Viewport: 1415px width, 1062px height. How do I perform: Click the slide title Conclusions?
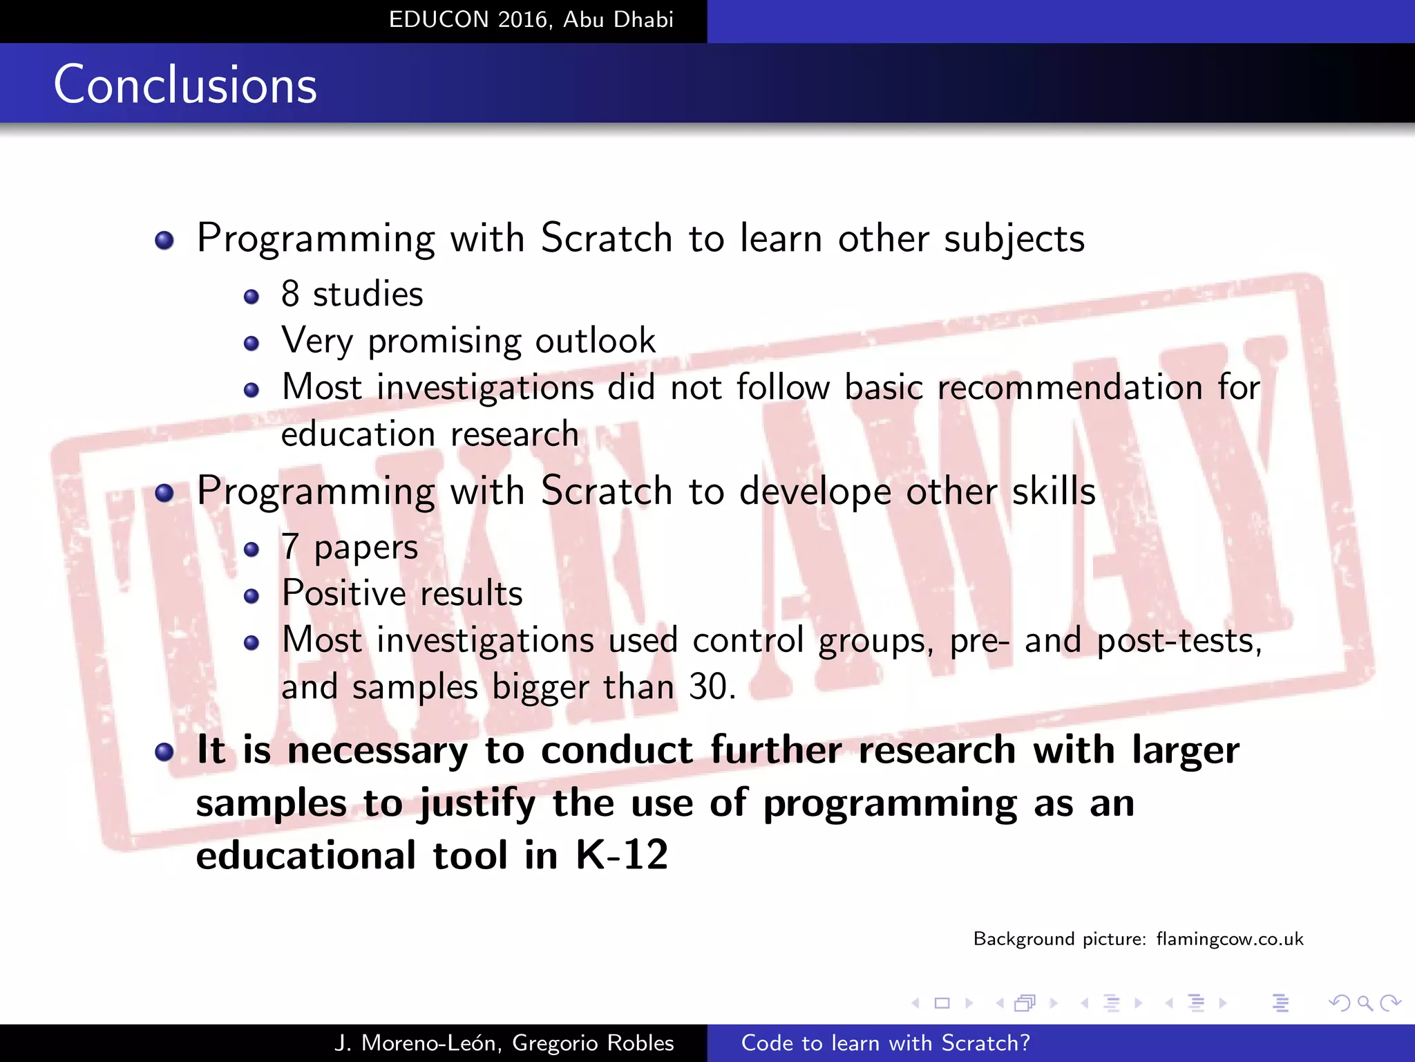[x=185, y=84]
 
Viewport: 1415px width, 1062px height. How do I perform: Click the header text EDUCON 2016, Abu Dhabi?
[x=531, y=19]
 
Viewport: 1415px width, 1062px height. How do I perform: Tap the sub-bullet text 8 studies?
[x=352, y=295]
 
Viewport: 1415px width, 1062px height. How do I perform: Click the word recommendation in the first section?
[x=1070, y=387]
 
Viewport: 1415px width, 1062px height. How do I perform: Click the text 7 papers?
[x=349, y=548]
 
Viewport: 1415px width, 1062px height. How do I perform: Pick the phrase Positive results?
[x=402, y=594]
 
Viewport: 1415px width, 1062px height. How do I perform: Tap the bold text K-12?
[x=622, y=855]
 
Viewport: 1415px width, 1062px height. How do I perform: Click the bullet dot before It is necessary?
[x=164, y=752]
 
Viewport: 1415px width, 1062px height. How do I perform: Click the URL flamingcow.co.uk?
[x=1229, y=939]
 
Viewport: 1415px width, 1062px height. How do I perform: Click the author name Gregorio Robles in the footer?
[x=593, y=1043]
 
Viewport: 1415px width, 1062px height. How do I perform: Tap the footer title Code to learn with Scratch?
[x=885, y=1043]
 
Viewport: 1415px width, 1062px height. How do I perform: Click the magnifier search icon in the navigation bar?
[x=1365, y=1003]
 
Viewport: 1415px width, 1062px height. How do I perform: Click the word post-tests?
[x=1179, y=640]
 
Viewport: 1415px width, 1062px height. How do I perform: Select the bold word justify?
[x=477, y=804]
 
